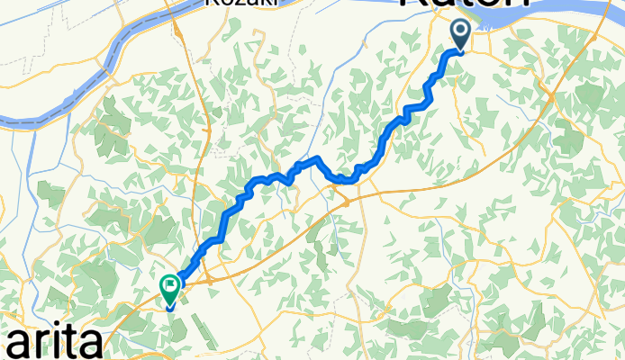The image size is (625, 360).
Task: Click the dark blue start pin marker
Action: click(x=460, y=36)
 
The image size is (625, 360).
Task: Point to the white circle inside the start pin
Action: click(x=460, y=32)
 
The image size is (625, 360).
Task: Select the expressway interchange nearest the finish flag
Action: click(x=208, y=282)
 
